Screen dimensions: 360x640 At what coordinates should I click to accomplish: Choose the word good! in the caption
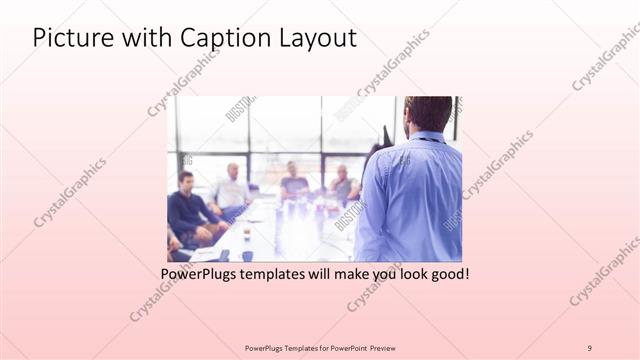(448, 272)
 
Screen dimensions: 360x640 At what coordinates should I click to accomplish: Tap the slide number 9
(590, 347)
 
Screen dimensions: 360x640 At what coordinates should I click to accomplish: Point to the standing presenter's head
(429, 114)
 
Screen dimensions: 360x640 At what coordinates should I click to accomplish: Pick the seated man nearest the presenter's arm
(342, 184)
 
